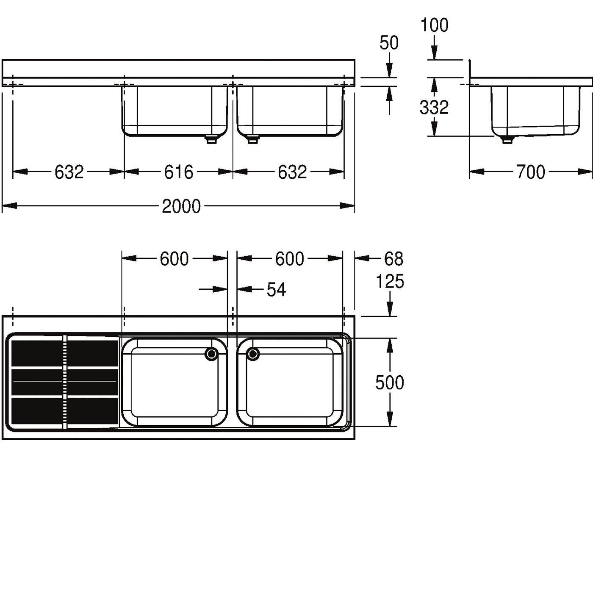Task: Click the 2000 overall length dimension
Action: click(x=181, y=206)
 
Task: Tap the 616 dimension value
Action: click(x=178, y=172)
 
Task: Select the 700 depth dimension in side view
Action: click(x=531, y=172)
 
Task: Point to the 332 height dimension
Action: click(x=434, y=108)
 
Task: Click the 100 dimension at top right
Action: click(x=434, y=25)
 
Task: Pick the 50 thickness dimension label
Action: click(x=389, y=43)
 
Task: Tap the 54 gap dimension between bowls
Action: click(x=276, y=290)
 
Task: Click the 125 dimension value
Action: click(x=390, y=282)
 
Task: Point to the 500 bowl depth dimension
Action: click(x=389, y=383)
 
